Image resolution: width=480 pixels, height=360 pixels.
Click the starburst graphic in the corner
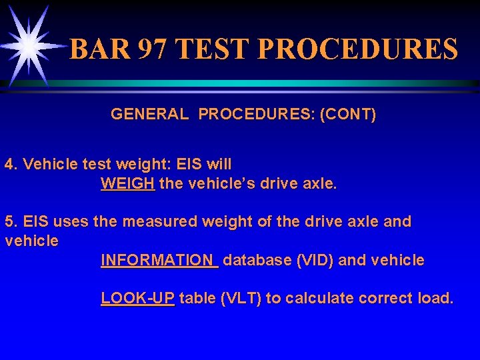tap(28, 45)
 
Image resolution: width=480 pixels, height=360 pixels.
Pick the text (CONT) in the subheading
tap(349, 115)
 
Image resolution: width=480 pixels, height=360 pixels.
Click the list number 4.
tap(10, 164)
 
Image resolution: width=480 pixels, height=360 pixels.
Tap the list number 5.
tap(10, 221)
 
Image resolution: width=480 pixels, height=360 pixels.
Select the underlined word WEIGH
tap(128, 183)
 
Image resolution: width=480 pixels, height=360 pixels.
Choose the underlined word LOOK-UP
tap(137, 298)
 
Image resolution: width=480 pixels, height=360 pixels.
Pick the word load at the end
tap(435, 298)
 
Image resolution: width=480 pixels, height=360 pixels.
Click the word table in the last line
tap(197, 298)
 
